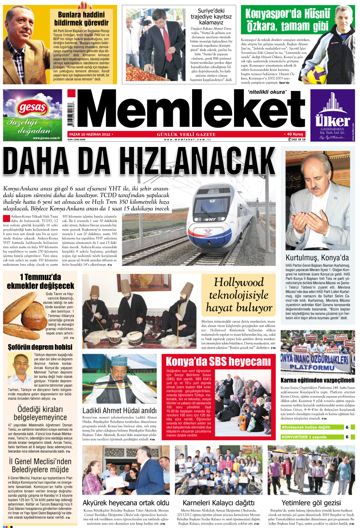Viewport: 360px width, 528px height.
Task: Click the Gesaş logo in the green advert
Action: coord(32,108)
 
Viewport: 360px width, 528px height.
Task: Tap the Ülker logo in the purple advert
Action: coord(332,121)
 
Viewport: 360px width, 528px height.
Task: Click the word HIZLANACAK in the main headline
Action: coord(196,162)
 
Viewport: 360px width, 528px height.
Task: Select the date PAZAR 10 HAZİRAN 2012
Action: coord(90,134)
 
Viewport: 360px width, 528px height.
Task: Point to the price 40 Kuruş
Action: coord(295,134)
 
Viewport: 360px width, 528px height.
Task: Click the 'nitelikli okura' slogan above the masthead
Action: coord(267,92)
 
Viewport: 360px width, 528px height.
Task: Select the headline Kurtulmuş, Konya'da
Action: coord(317,258)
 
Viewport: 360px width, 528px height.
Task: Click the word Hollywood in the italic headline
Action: coord(239,282)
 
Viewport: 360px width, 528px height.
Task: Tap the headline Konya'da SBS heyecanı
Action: coord(218,361)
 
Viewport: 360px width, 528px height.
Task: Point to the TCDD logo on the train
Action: coord(208,232)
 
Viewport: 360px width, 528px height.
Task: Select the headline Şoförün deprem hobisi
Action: coord(40,347)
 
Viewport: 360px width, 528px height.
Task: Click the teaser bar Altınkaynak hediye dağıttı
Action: coord(306,427)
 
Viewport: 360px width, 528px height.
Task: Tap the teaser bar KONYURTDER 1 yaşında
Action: coord(304,437)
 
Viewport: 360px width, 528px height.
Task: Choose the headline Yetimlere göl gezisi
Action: coord(311,503)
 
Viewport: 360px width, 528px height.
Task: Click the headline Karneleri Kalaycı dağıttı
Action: coord(219,503)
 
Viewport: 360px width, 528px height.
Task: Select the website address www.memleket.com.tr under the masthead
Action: coord(188,139)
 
